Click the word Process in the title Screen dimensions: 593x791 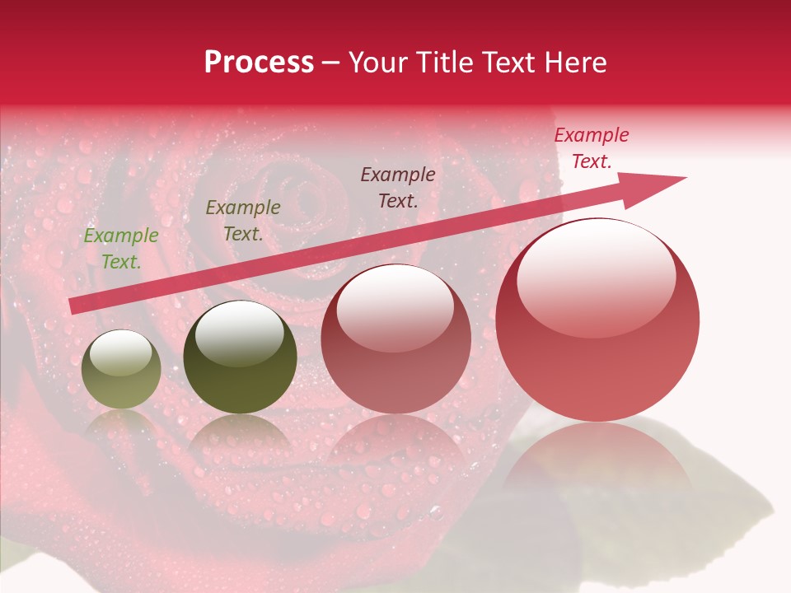click(259, 63)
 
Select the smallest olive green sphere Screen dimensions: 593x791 click(122, 370)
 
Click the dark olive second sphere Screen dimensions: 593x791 click(240, 357)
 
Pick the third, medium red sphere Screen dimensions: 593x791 click(395, 339)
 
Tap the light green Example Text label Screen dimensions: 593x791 click(121, 249)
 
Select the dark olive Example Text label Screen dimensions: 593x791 click(243, 221)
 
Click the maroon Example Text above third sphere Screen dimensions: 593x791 click(398, 188)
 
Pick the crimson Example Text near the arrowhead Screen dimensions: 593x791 click(592, 148)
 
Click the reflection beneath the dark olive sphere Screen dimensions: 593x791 click(240, 445)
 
